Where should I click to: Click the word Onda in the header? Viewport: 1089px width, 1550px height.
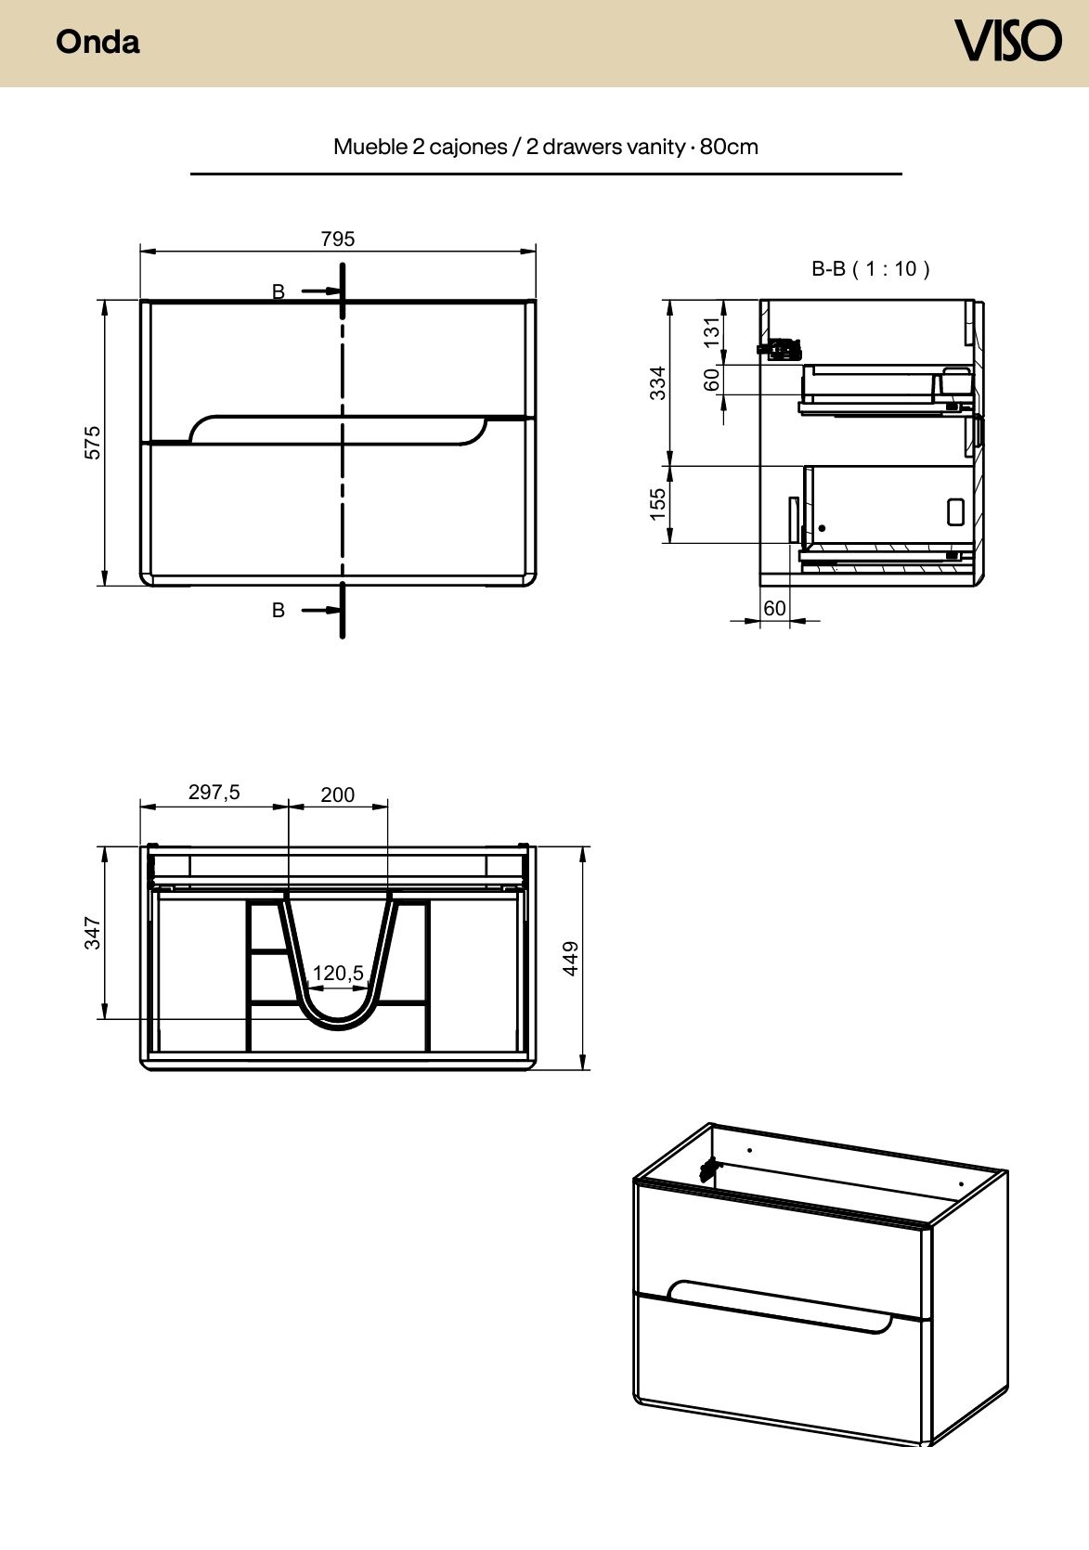point(97,42)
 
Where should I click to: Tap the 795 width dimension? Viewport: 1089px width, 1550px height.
point(338,239)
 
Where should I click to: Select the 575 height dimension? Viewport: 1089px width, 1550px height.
point(92,443)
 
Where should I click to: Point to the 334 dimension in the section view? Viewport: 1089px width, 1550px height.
point(657,382)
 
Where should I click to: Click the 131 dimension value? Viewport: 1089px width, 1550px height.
point(712,333)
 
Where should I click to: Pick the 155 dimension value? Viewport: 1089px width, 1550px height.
point(657,504)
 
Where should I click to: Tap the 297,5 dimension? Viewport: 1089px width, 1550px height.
point(214,793)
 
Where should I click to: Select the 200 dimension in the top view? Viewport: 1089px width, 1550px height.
point(338,794)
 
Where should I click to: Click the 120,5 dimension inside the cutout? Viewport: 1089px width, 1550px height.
point(338,973)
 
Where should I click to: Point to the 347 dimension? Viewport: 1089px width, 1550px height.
point(92,933)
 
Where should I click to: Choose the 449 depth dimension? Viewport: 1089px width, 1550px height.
point(570,959)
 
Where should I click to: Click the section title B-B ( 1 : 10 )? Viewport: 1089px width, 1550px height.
point(871,268)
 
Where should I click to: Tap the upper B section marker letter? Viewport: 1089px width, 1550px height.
point(279,292)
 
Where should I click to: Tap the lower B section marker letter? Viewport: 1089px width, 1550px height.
point(279,610)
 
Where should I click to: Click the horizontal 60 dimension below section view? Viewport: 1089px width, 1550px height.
point(774,608)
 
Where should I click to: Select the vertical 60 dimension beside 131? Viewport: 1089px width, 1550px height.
point(712,380)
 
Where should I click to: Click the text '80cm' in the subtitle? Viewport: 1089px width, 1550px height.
point(729,147)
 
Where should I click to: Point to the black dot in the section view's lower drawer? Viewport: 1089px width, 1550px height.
point(822,529)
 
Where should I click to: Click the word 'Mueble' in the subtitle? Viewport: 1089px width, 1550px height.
point(370,147)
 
